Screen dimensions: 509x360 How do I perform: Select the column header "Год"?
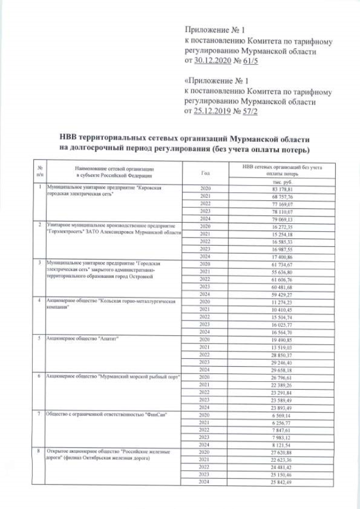tap(205, 172)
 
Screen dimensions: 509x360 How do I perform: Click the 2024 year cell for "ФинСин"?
tap(205, 445)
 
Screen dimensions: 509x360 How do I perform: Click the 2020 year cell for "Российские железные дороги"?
tap(205, 452)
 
